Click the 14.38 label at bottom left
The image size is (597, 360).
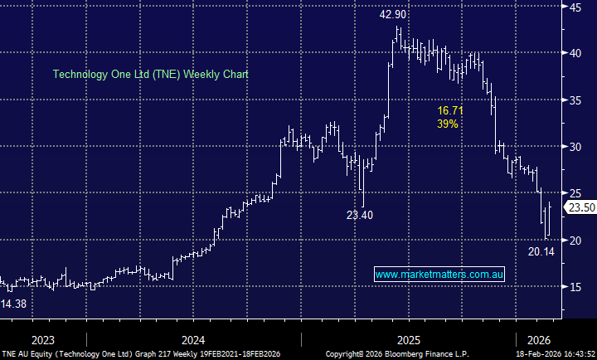(x=14, y=304)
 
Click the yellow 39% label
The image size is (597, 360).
(x=447, y=124)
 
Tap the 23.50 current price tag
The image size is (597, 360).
(x=579, y=207)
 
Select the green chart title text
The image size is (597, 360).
(x=150, y=74)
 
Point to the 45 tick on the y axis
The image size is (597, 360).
(x=573, y=7)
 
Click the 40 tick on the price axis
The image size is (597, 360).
(x=573, y=53)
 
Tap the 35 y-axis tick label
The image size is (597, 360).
(x=573, y=100)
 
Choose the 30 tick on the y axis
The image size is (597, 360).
(x=573, y=147)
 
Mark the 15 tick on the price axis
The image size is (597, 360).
(x=573, y=287)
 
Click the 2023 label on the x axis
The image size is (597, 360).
(x=43, y=339)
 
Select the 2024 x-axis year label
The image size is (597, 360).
(x=193, y=339)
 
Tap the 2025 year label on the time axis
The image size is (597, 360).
(x=409, y=339)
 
